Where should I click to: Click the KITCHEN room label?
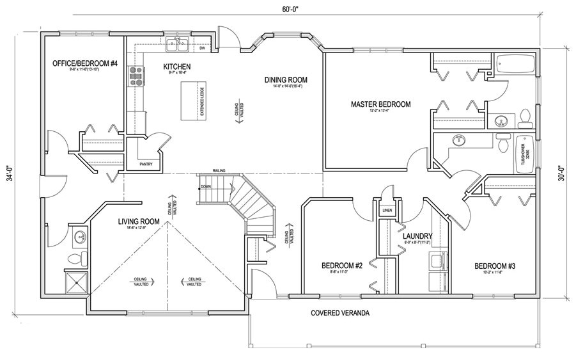[x=177, y=67]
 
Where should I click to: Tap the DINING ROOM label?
[x=286, y=80]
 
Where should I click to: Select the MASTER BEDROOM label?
[x=380, y=104]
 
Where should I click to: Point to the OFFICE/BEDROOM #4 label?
[x=85, y=63]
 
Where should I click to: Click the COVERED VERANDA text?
[x=340, y=313]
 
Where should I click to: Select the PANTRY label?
[x=146, y=164]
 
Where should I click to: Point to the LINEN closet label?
[x=387, y=210]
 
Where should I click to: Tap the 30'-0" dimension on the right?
[x=561, y=173]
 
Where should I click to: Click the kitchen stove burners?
[x=136, y=76]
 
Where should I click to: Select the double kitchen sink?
[x=177, y=45]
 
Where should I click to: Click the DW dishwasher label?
[x=202, y=48]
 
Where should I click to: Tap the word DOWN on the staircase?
[x=205, y=187]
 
